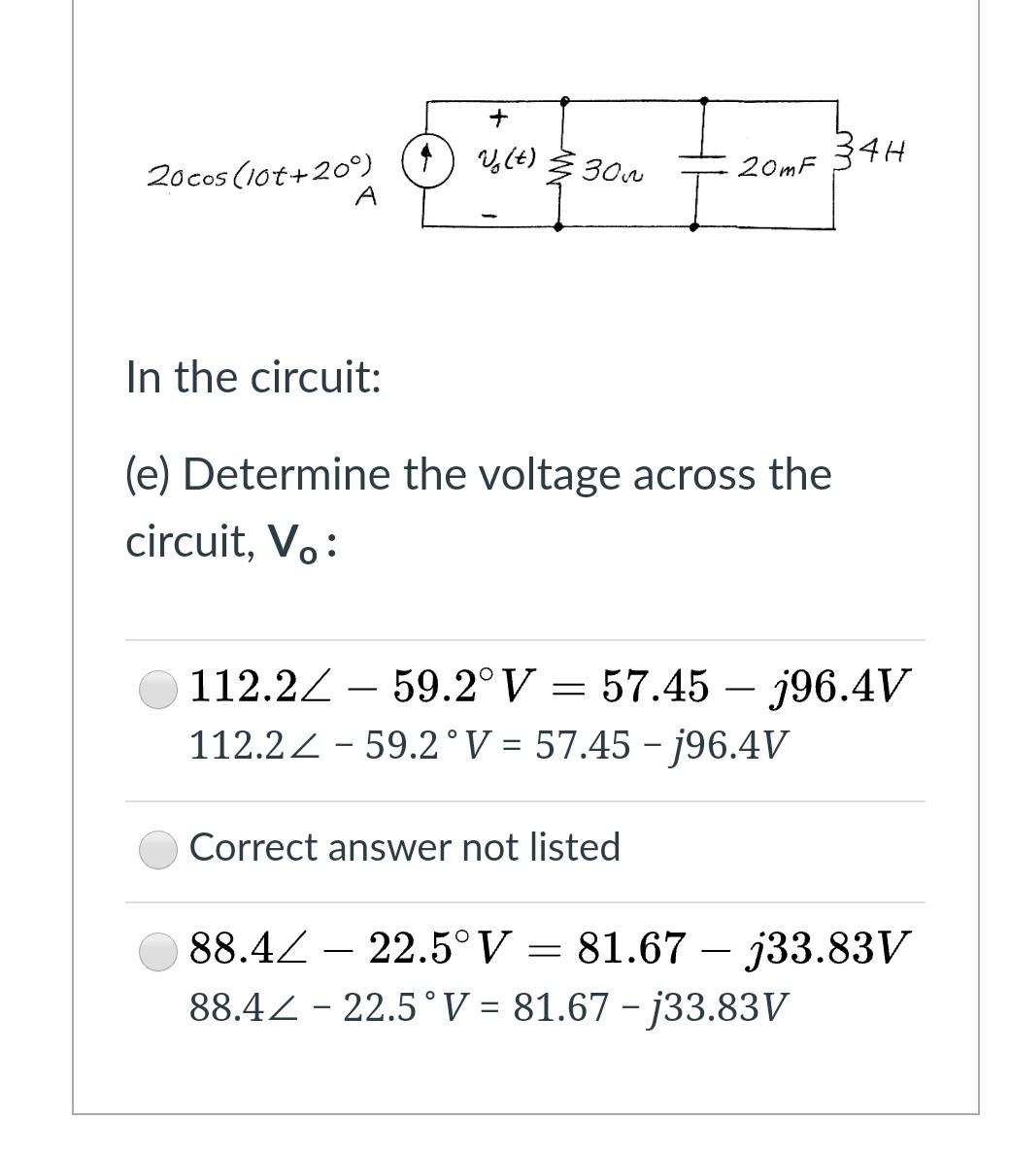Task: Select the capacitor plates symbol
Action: click(697, 167)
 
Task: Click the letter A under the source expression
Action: click(366, 197)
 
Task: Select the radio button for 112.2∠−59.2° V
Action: click(158, 691)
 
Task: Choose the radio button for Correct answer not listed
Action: click(158, 850)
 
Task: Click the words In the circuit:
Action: click(253, 377)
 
